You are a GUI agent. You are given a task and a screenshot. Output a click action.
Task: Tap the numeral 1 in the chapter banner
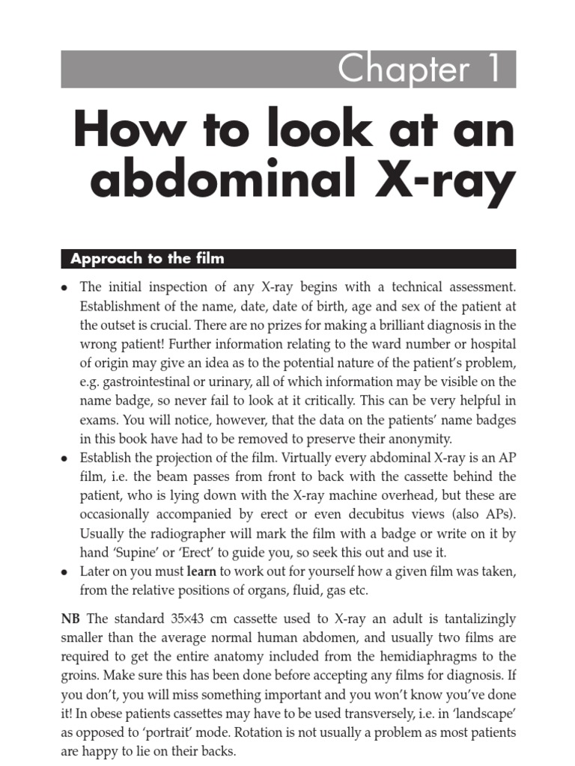click(494, 70)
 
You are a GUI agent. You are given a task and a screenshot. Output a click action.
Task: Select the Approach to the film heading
click(147, 259)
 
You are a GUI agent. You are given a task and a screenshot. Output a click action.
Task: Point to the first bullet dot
click(65, 287)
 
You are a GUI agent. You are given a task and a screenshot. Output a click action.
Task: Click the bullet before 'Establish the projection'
click(65, 459)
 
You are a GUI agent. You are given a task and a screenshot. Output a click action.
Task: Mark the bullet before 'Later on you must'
click(65, 572)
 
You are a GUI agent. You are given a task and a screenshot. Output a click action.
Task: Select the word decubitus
click(353, 515)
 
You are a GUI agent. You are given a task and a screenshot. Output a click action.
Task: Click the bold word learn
click(201, 572)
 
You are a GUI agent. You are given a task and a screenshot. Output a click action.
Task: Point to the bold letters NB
click(70, 619)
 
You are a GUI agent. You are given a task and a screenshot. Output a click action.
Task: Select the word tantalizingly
click(480, 619)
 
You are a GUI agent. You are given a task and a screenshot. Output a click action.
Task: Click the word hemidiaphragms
click(430, 658)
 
